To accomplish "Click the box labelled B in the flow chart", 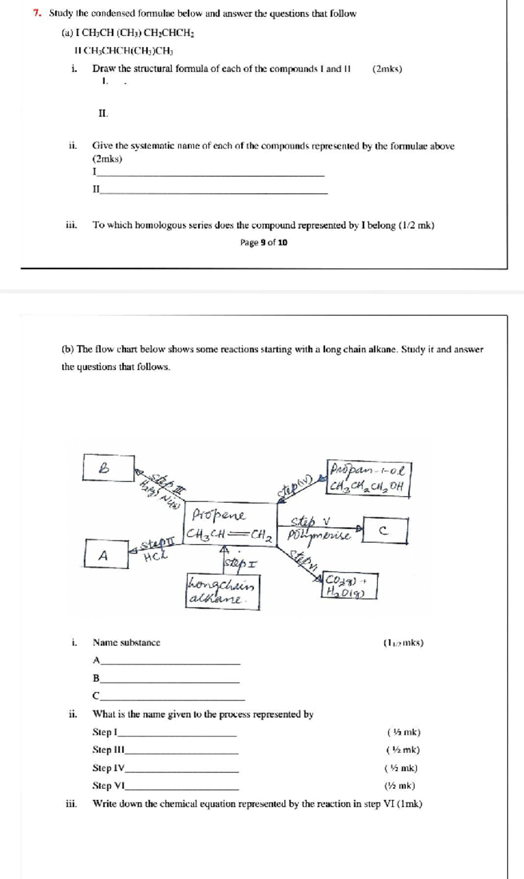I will [x=108, y=468].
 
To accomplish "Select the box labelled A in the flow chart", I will [x=107, y=554].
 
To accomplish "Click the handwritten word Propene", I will [x=219, y=515].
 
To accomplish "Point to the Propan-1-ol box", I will [x=368, y=478].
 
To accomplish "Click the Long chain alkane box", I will [x=223, y=592].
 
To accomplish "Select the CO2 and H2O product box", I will [x=349, y=586].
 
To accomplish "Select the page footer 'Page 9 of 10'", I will [x=264, y=242].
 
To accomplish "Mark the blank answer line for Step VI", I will [x=182, y=789].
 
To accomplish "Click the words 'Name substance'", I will [x=126, y=643].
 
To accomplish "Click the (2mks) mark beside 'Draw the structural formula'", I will [x=387, y=69].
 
